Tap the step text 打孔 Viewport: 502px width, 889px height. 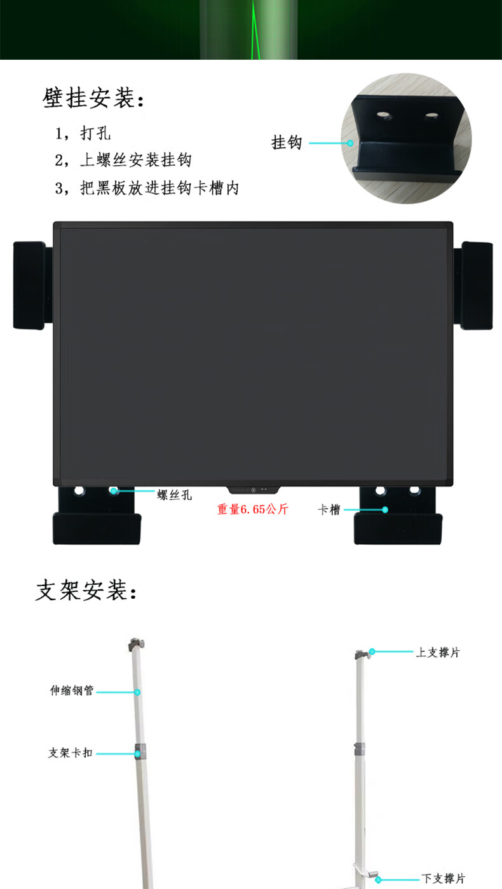[x=95, y=135]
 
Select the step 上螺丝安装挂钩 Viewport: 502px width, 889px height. [x=135, y=160]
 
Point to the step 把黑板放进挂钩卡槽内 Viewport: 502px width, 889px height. [x=159, y=189]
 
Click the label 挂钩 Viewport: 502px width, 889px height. [x=286, y=143]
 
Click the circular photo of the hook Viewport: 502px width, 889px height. [x=406, y=138]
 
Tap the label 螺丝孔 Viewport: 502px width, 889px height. [x=174, y=495]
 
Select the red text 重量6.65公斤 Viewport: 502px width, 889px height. [x=252, y=509]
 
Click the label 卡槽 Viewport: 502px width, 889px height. [x=329, y=510]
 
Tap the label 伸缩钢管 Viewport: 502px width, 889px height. [x=72, y=690]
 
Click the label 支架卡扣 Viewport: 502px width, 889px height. [x=71, y=752]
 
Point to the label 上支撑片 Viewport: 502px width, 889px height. [x=437, y=652]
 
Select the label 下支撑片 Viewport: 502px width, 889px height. [x=443, y=879]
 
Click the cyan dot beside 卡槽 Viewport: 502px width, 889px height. [x=384, y=509]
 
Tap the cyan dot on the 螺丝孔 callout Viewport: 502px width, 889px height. [x=114, y=490]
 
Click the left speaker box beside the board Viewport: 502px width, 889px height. [x=29, y=285]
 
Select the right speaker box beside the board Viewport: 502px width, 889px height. [x=476, y=285]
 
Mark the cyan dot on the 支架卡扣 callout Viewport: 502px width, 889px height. [x=137, y=753]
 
